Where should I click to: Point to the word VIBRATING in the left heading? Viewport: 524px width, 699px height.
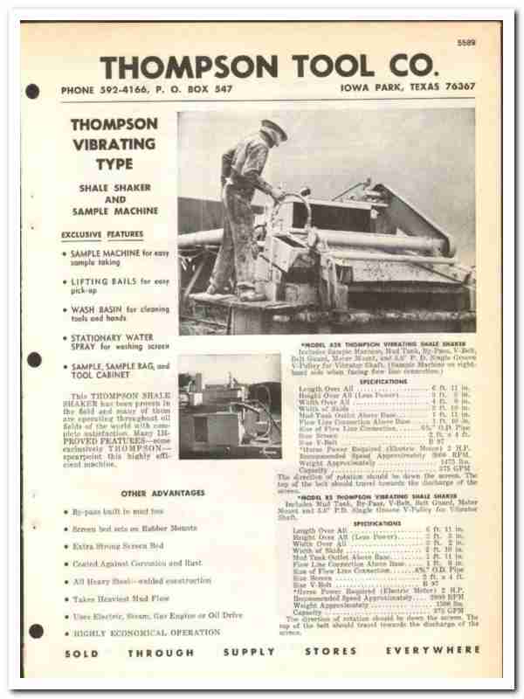click(114, 143)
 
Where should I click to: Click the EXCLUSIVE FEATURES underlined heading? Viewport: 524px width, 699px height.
click(102, 234)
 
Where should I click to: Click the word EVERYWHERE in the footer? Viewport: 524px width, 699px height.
click(434, 652)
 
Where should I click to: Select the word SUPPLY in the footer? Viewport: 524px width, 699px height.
click(249, 652)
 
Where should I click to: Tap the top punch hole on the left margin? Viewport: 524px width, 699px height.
click(33, 90)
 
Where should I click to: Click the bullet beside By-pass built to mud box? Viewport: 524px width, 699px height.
click(67, 510)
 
